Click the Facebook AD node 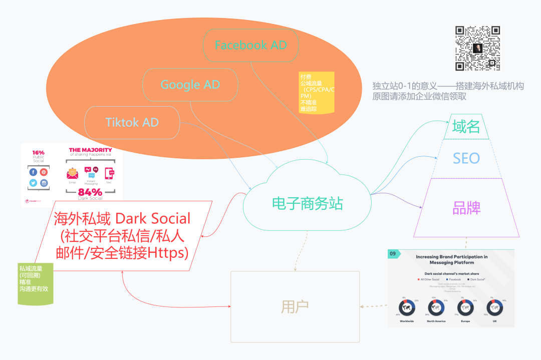[251, 45]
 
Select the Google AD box [190, 85]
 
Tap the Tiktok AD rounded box [132, 122]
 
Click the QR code [477, 49]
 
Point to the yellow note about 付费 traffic [317, 92]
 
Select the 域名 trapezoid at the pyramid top [466, 127]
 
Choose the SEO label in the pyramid [466, 158]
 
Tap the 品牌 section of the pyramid [466, 208]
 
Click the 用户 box [295, 306]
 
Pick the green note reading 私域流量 [35, 283]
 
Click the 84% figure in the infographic [90, 192]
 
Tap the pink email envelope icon [73, 173]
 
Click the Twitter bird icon [33, 183]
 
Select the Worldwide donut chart [407, 307]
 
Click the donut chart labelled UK [495, 307]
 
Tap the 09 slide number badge [394, 254]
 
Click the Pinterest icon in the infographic [44, 172]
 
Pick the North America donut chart [436, 307]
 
